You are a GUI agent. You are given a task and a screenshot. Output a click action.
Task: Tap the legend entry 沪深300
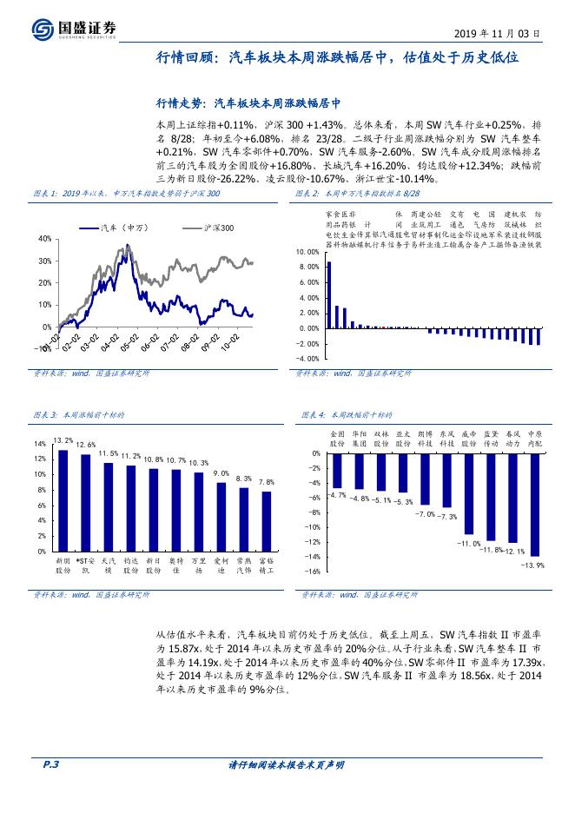[x=197, y=227]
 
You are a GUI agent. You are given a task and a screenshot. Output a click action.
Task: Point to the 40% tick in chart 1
[x=44, y=238]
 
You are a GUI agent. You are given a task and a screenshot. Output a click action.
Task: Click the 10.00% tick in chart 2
[x=308, y=252]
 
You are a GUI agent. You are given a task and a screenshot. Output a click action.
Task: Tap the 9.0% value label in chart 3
[x=221, y=473]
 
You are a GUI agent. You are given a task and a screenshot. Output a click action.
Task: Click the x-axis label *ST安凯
[x=85, y=566]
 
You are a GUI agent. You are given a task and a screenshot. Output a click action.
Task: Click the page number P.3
[x=50, y=764]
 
